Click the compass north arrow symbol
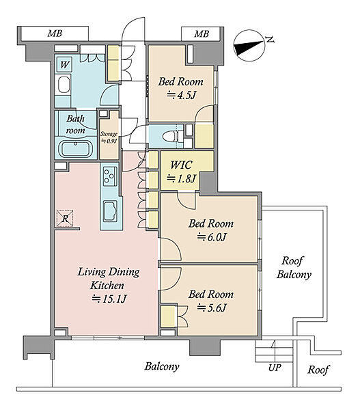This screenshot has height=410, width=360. point(249,46)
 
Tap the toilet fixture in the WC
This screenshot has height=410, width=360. point(171,137)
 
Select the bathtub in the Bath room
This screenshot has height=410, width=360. point(76,149)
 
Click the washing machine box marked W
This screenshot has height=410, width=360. point(64,64)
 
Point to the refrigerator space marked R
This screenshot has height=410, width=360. point(65,219)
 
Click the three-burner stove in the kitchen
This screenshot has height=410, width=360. point(110,176)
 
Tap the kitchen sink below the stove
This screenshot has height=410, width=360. point(111,210)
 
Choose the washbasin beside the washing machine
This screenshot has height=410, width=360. point(64,85)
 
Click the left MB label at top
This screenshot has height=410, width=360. point(55,33)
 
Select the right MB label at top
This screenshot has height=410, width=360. point(202,33)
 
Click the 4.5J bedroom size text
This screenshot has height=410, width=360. point(181,95)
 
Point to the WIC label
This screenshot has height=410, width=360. point(182,165)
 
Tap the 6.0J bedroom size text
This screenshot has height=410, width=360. point(211,237)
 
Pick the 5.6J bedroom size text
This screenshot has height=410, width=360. point(211,307)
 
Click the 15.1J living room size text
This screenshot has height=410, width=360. point(109,299)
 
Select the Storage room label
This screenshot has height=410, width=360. point(109,134)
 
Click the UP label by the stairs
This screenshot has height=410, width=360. point(275,368)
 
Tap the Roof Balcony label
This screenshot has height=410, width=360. point(294,267)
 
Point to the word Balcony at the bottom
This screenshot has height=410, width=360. point(162,366)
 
